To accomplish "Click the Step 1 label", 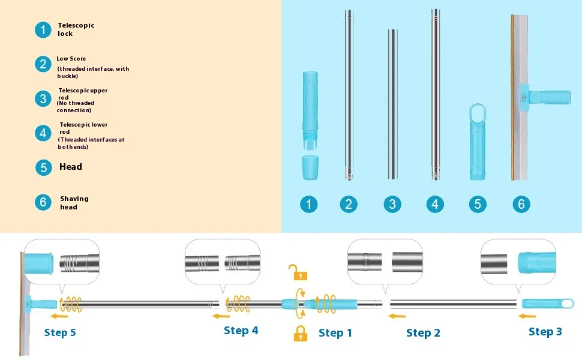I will tap(335, 333).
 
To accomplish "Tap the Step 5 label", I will tap(60, 332).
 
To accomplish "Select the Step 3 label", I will tap(545, 332).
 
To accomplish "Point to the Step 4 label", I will tap(241, 331).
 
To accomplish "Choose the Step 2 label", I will tap(423, 333).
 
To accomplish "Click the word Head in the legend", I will tap(71, 167).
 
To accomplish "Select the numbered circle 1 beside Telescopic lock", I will tap(43, 29).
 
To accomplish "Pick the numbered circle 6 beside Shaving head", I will tap(43, 202).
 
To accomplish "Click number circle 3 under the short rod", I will tap(392, 204).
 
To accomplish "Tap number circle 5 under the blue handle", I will tap(477, 204).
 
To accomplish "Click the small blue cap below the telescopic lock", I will tap(310, 167).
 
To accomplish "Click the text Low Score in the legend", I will tap(71, 59).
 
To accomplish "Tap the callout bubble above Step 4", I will tap(223, 263).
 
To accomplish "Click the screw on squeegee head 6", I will tap(524, 95).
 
